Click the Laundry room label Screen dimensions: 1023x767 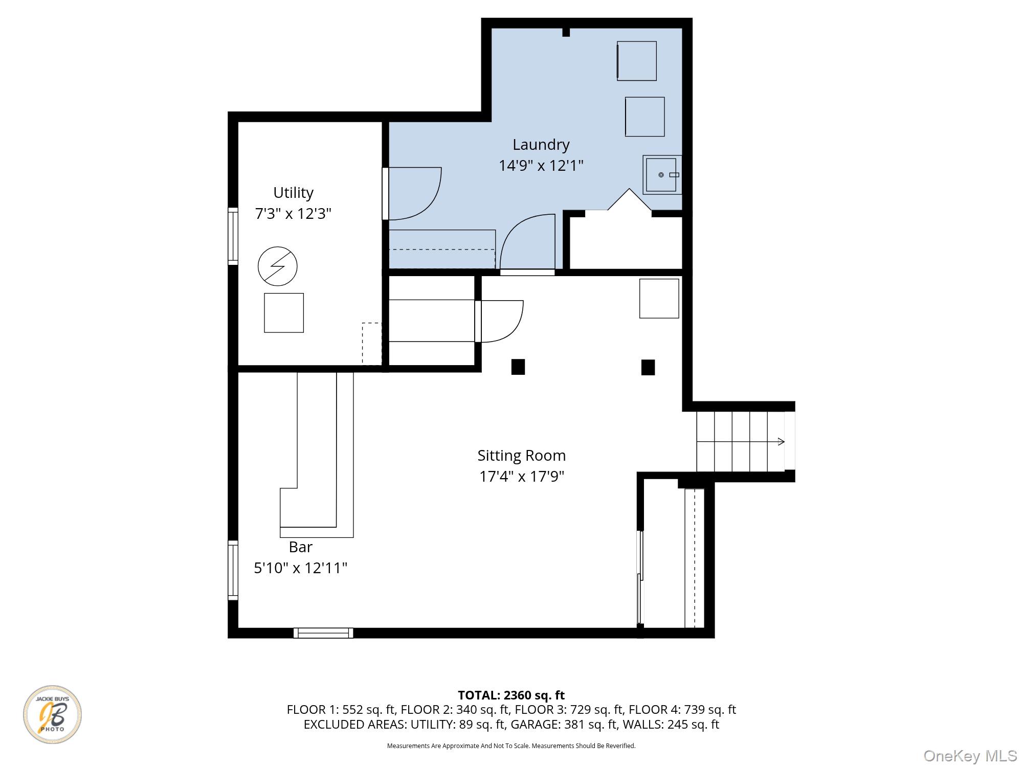[x=541, y=145]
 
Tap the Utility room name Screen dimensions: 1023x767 [x=293, y=193]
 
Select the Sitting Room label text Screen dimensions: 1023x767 [x=522, y=456]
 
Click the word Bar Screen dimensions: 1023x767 [x=301, y=547]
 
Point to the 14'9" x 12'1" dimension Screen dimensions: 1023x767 [x=541, y=166]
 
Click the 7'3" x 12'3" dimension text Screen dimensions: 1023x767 [x=293, y=213]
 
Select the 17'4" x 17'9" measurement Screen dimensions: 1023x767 [x=522, y=477]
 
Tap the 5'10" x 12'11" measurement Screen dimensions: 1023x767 [x=301, y=568]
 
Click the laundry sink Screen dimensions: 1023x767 [x=662, y=175]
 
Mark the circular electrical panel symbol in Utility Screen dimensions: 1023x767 [x=278, y=266]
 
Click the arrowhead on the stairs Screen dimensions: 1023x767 [x=781, y=441]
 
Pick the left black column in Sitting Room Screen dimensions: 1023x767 [x=518, y=367]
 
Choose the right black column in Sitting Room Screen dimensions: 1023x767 [x=648, y=367]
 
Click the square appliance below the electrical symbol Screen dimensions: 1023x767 [x=284, y=313]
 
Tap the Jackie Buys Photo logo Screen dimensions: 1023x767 [x=52, y=714]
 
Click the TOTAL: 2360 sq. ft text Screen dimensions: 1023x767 [x=511, y=695]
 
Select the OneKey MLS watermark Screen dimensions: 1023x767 [x=970, y=756]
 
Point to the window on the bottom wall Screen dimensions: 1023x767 [x=323, y=633]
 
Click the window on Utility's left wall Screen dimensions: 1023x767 [x=233, y=236]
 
